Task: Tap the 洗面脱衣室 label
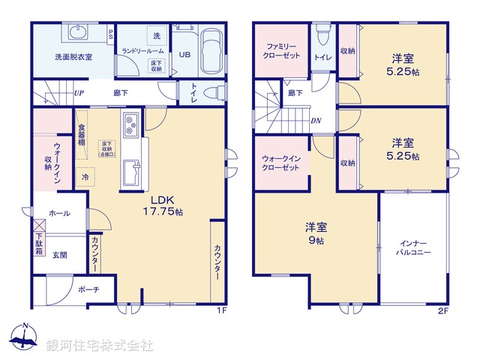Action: tap(73, 57)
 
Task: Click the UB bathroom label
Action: tap(184, 55)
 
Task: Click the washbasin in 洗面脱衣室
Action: tap(78, 33)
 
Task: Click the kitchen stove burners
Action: tap(130, 124)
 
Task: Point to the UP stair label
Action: tap(79, 94)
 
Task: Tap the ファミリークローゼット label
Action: tap(282, 50)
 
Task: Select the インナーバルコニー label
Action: tap(412, 248)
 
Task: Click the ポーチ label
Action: tap(85, 289)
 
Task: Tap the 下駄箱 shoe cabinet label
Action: tap(38, 246)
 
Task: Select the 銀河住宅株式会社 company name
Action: tap(100, 345)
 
